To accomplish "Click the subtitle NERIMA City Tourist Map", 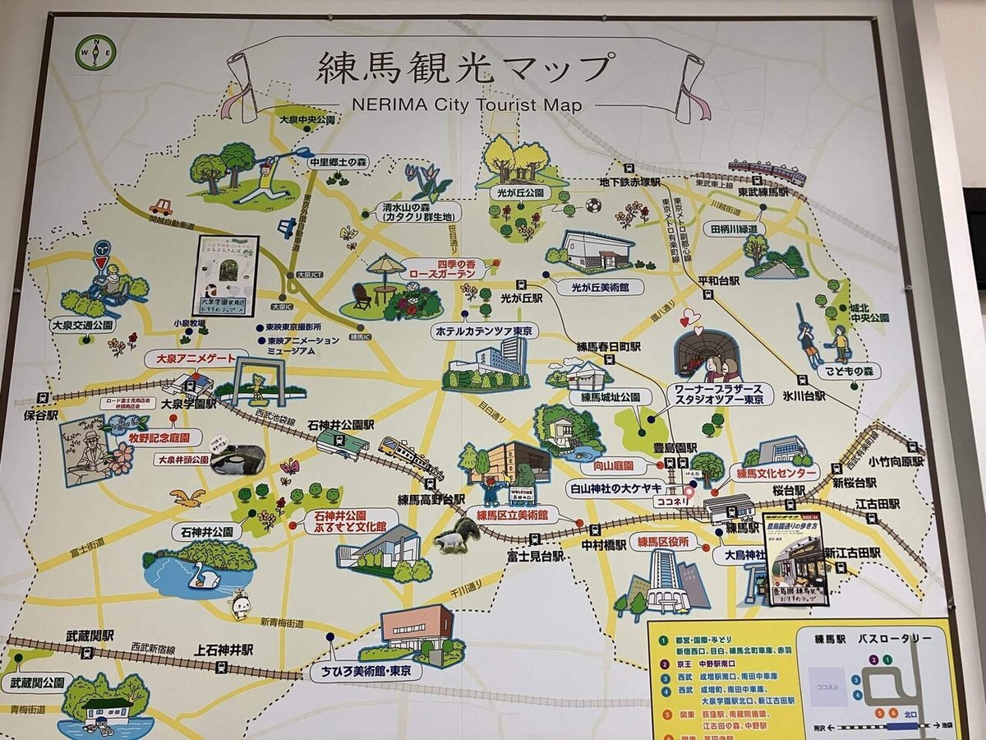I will (466, 105).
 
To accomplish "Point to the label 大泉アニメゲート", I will (196, 359).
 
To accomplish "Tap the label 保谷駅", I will (40, 416).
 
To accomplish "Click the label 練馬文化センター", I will (777, 474).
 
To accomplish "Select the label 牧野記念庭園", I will (159, 437).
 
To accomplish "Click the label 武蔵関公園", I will (37, 683).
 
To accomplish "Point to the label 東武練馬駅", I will (763, 191).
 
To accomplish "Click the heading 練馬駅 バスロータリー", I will (870, 638).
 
